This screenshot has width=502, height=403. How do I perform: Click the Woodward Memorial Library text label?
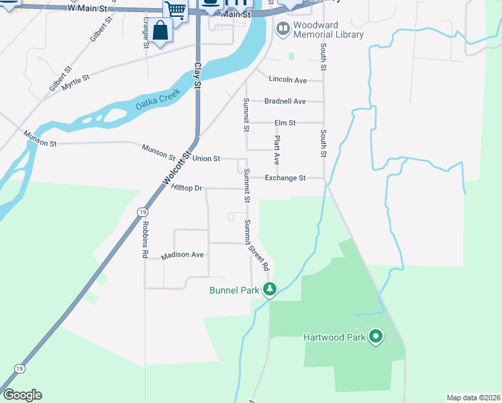click(x=329, y=30)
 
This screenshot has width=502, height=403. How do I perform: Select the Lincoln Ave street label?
click(x=287, y=80)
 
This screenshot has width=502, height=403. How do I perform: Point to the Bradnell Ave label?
click(x=285, y=101)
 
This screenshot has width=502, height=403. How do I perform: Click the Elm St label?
click(x=285, y=123)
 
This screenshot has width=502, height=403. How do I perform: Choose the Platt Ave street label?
click(x=276, y=150)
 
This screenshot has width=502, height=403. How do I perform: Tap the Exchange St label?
click(x=285, y=178)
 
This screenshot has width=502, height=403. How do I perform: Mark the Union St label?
click(x=206, y=159)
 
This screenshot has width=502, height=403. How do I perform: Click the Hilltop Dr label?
click(x=187, y=189)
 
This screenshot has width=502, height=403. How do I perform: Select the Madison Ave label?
click(x=183, y=255)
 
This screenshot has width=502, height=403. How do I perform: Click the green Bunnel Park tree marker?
click(x=270, y=289)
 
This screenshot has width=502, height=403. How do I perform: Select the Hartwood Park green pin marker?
click(x=376, y=336)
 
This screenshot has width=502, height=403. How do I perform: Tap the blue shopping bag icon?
click(x=160, y=31)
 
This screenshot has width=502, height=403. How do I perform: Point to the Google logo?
click(x=22, y=395)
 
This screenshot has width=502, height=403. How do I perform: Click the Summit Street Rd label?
click(x=256, y=244)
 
